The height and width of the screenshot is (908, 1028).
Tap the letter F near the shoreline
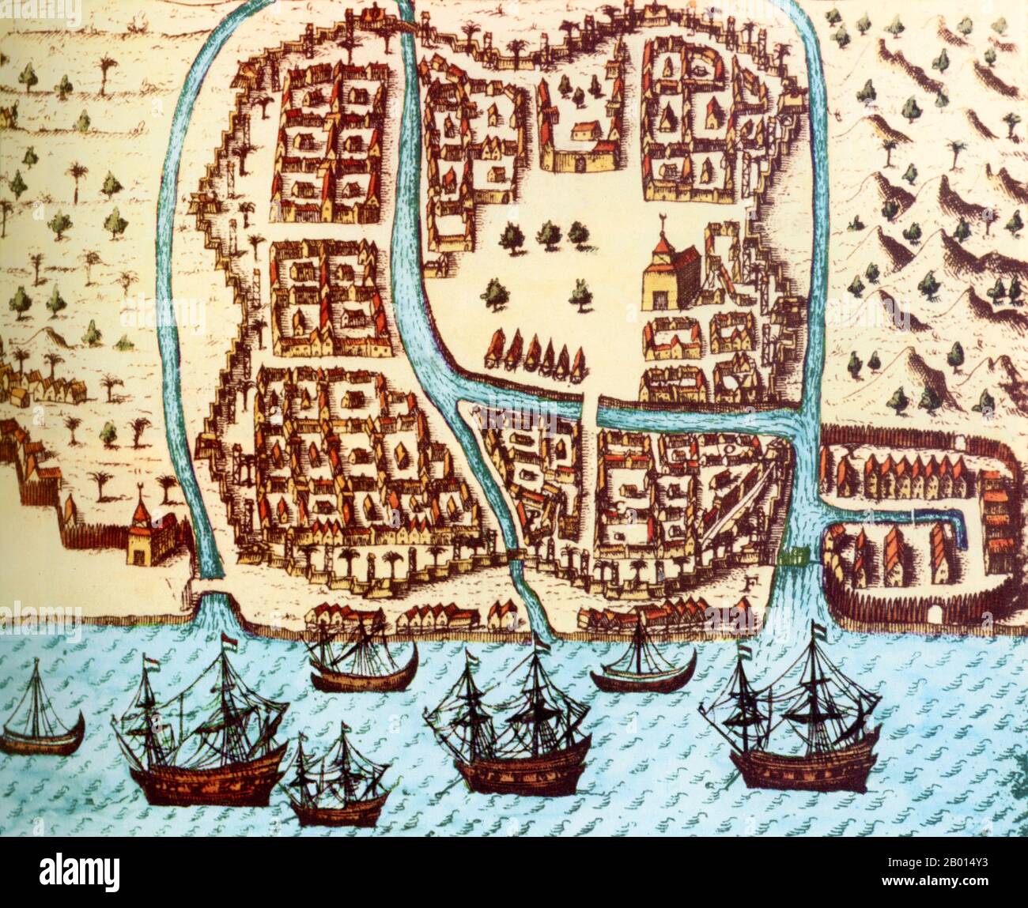coord(747,586)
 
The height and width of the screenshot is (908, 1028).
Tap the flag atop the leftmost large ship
coord(228,639)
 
